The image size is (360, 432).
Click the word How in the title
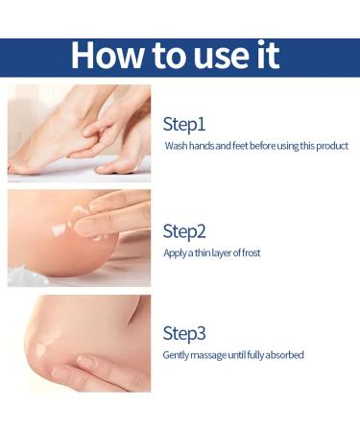pos(104,55)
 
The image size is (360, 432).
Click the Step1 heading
pos(184,124)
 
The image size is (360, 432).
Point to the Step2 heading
pos(185,230)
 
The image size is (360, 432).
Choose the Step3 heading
pos(185,333)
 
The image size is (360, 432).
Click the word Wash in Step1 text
pos(176,146)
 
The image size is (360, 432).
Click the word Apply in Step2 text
pos(176,252)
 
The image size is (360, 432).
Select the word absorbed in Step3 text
pos(284,355)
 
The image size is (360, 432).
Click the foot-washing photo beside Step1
pos(79,132)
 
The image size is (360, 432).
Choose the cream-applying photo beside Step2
pos(79,237)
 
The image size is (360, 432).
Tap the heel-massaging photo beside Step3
pos(79,343)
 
